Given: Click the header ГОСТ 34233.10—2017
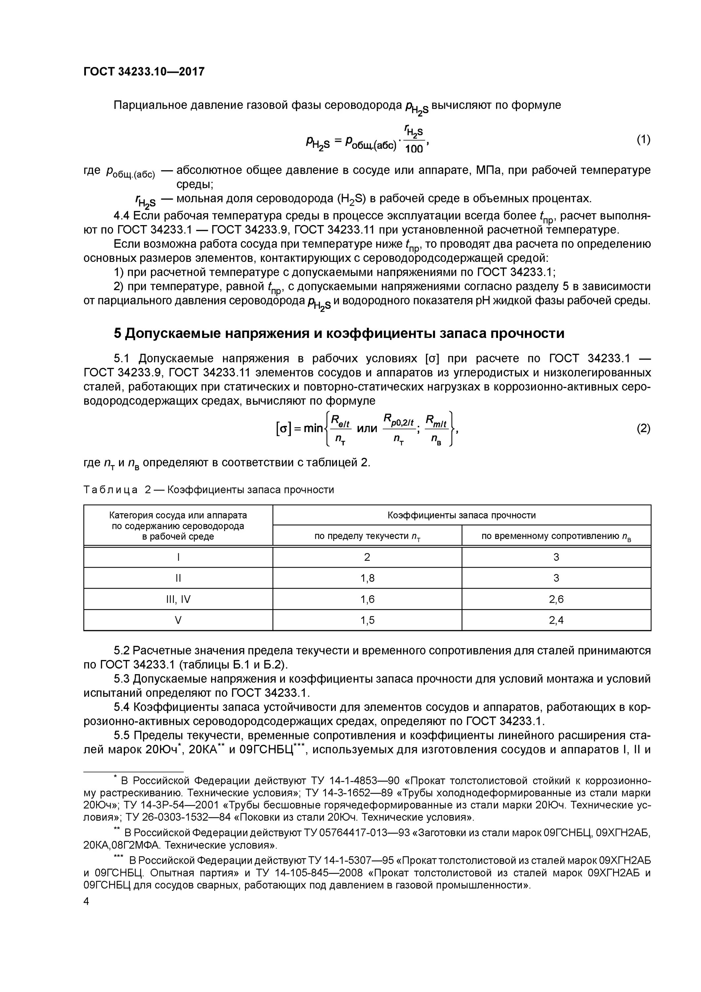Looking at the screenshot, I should pos(143,72).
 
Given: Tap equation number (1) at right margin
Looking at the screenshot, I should pos(643,140).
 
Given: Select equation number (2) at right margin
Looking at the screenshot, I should pos(643,428).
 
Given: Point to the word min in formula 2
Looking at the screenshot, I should pos(313,428).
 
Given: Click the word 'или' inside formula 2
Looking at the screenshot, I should pos(367,428).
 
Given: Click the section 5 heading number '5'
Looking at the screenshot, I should pos(117,334).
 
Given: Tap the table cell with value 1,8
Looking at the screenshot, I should pos(367,578).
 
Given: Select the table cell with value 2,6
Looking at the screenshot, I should pos(556,599).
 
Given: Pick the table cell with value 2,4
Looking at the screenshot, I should pos(556,620).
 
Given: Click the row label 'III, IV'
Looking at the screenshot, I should pos(178,599).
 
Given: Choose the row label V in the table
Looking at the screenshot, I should pos(178,620).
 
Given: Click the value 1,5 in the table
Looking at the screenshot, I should pos(367,620).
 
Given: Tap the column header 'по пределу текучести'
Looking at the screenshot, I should pos(367,536).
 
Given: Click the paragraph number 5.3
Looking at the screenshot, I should pos(122,679).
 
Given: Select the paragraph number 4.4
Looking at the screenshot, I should pos(122,216).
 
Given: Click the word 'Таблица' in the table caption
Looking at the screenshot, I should pos(111,489).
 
